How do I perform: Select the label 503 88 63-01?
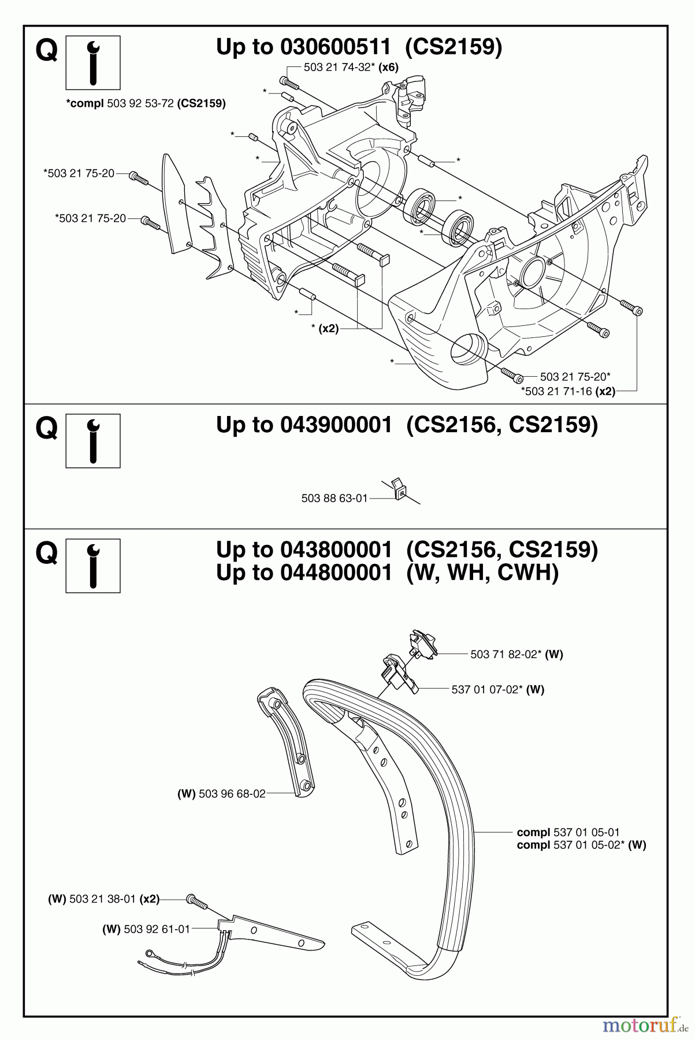point(334,497)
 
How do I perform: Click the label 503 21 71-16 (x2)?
point(568,391)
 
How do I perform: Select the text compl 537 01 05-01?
point(568,833)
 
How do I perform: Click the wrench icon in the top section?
point(93,62)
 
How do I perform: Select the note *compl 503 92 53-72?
point(146,103)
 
